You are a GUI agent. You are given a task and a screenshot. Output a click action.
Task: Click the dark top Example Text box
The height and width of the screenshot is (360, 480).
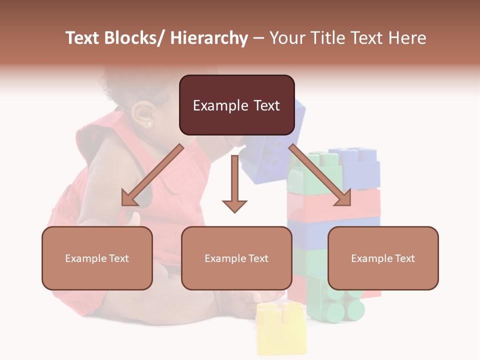(236, 105)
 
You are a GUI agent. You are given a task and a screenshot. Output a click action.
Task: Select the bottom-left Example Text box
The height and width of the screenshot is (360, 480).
(97, 258)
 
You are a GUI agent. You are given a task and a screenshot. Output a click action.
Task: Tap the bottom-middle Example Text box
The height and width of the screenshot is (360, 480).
(236, 258)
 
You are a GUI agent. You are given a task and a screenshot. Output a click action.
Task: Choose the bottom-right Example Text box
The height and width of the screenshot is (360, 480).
(383, 258)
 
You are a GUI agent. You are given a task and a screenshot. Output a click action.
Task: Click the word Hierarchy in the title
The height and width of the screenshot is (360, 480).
(209, 38)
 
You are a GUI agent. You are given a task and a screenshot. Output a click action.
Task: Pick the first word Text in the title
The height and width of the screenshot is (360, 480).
(82, 38)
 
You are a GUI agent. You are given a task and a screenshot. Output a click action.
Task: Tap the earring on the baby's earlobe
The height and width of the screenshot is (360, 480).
(149, 123)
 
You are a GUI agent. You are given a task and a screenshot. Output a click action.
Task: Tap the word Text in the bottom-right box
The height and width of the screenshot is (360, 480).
(404, 258)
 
